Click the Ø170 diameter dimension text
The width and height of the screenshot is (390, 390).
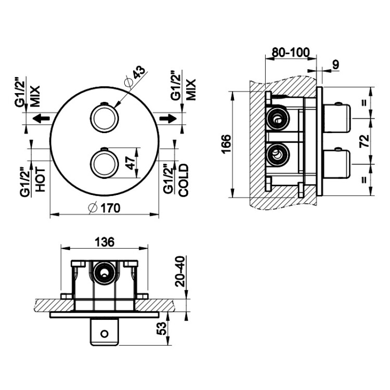105,208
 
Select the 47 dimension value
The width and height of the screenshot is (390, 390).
132,163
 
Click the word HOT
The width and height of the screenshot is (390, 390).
40,179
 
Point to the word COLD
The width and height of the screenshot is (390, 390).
184,180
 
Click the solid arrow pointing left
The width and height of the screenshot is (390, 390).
41,118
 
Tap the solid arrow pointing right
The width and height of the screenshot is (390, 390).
168,118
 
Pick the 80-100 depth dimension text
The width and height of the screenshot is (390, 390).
291,53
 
